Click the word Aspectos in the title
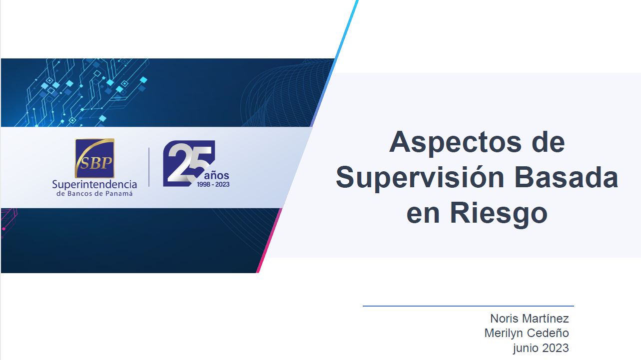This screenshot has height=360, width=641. point(455,143)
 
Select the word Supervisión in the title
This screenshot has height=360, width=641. point(420,178)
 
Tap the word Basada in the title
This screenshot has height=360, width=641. point(567,178)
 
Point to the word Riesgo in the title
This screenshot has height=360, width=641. point(499,214)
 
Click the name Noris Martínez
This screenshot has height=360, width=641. point(530,318)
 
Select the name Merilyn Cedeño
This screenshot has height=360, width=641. point(527,333)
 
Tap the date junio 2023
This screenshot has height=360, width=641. point(541,348)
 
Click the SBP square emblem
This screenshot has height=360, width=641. point(94,158)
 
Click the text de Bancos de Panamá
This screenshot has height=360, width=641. point(94,194)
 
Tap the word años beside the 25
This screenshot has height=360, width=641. point(217,175)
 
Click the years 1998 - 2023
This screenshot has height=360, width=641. point(213,184)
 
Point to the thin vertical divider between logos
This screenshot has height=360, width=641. point(149,167)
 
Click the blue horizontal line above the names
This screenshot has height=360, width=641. point(468,306)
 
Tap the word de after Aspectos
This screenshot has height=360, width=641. point(548,143)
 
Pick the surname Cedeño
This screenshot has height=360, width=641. point(548,333)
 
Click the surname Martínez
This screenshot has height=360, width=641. point(546,318)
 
